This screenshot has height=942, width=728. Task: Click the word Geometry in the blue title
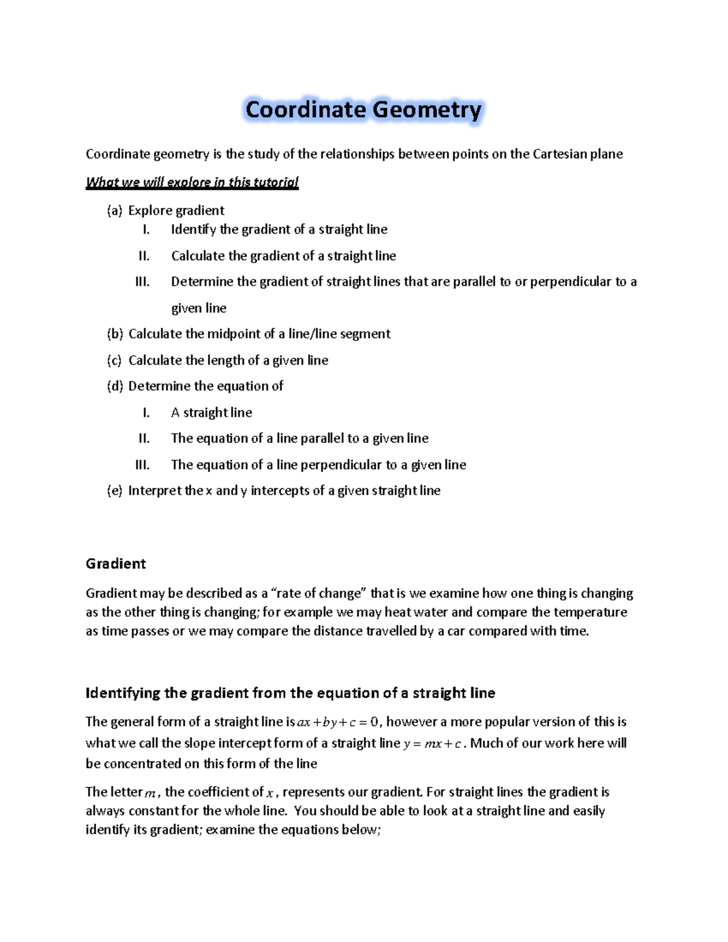pos(426,110)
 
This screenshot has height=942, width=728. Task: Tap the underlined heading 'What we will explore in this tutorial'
pos(192,182)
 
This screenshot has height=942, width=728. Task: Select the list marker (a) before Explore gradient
pos(115,210)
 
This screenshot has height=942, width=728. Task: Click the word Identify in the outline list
pos(193,229)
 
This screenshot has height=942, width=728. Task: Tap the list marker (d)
pos(115,386)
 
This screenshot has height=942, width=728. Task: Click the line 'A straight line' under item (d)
pos(211,412)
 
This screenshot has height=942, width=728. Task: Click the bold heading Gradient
pos(116,564)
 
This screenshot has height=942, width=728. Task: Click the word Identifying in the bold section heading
pos(123,693)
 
